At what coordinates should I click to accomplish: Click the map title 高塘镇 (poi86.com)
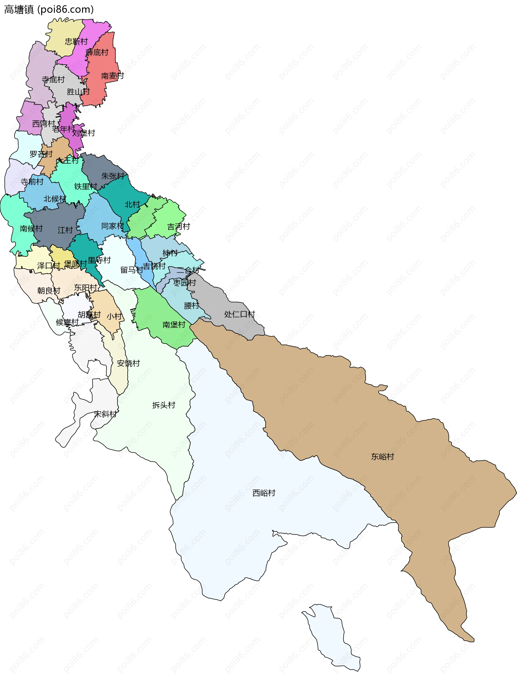pyautogui.click(x=49, y=10)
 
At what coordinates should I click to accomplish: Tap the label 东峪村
pyautogui.click(x=383, y=457)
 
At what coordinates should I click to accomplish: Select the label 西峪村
pyautogui.click(x=264, y=493)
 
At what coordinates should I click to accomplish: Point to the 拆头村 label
pyautogui.click(x=164, y=405)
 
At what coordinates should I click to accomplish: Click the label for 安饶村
pyautogui.click(x=128, y=363)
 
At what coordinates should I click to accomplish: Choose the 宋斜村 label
pyautogui.click(x=105, y=414)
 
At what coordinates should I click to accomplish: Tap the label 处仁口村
pyautogui.click(x=239, y=314)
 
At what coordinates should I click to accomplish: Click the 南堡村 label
pyautogui.click(x=174, y=325)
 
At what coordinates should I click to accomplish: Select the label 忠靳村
pyautogui.click(x=76, y=41)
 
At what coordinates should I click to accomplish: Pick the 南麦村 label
pyautogui.click(x=112, y=76)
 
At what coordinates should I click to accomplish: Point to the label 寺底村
pyautogui.click(x=53, y=80)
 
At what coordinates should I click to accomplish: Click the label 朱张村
pyautogui.click(x=113, y=176)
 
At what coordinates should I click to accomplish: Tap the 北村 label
pyautogui.click(x=132, y=204)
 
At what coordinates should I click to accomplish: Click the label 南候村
pyautogui.click(x=31, y=228)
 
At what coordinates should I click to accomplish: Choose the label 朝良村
pyautogui.click(x=48, y=291)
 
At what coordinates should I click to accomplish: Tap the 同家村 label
pyautogui.click(x=112, y=226)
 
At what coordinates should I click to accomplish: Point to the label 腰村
pyautogui.click(x=191, y=306)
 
